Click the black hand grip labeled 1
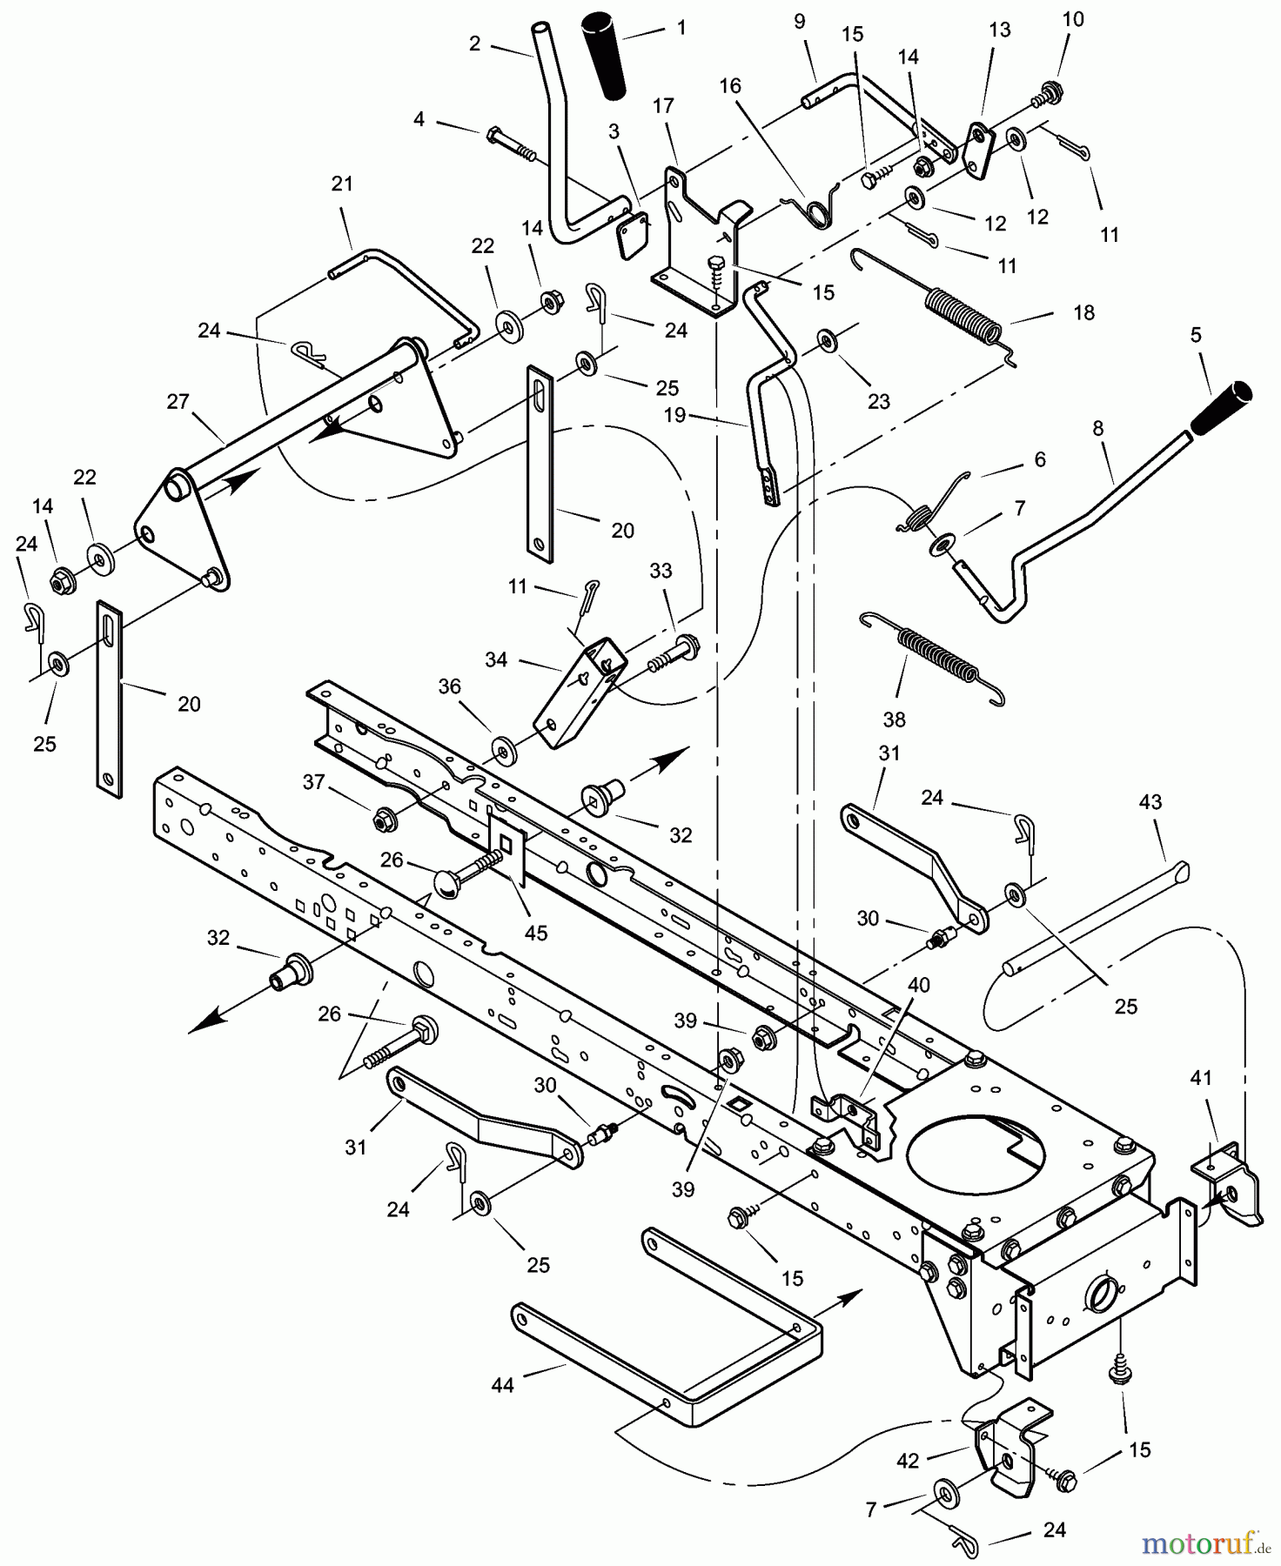(606, 56)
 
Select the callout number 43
(1150, 801)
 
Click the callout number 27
(178, 402)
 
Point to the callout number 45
(536, 934)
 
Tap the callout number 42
(907, 1462)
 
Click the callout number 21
(342, 184)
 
